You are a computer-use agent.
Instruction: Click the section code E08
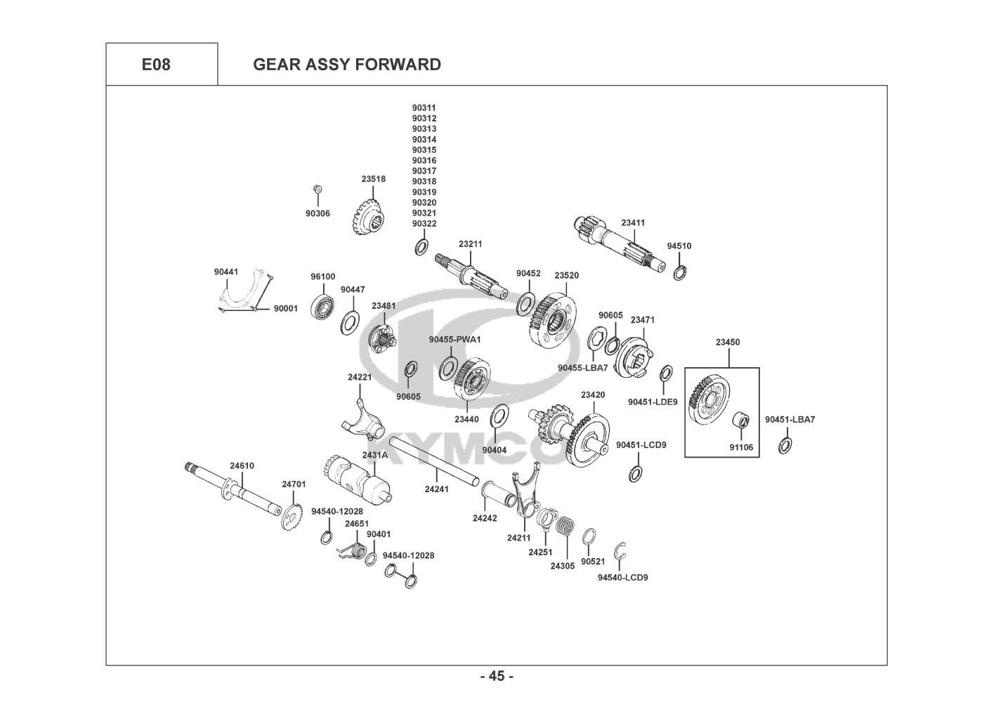point(156,65)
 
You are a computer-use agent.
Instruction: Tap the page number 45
point(497,676)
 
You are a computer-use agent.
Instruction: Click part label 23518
point(373,179)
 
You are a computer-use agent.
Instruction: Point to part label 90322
point(424,223)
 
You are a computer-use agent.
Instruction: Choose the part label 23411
point(633,223)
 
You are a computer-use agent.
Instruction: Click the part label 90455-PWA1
point(455,339)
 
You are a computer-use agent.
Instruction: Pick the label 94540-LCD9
point(622,577)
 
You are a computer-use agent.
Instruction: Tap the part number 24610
point(242,465)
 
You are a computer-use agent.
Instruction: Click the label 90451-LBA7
point(790,419)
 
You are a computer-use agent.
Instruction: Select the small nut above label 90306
point(318,190)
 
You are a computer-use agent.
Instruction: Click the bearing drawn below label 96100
point(322,305)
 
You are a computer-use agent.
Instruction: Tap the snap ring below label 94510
point(680,273)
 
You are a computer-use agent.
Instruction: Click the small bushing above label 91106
point(740,420)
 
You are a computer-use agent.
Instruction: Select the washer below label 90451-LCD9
point(635,474)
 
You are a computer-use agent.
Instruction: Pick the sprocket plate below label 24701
point(292,516)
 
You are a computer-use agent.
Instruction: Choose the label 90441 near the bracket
point(226,272)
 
